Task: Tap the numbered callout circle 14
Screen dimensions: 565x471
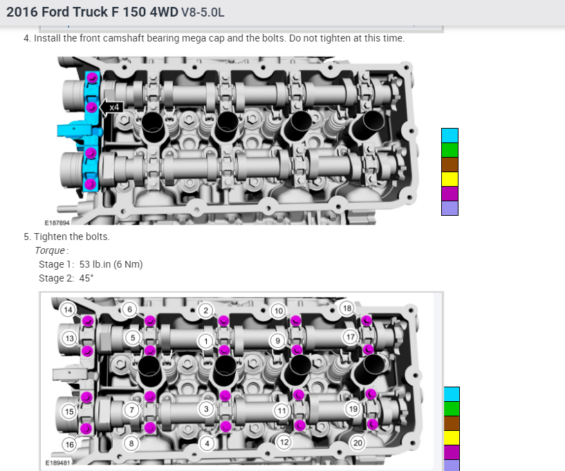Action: click(x=68, y=310)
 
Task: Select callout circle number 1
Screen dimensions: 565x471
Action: click(x=206, y=341)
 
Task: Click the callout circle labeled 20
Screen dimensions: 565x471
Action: click(x=358, y=443)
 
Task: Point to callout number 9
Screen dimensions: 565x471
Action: click(x=277, y=340)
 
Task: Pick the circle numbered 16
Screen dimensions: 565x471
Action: click(x=70, y=444)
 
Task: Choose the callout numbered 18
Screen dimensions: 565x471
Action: click(x=347, y=308)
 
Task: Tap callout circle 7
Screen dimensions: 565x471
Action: click(x=132, y=409)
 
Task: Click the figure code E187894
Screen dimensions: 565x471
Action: click(x=57, y=223)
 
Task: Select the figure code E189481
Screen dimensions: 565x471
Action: click(x=57, y=463)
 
